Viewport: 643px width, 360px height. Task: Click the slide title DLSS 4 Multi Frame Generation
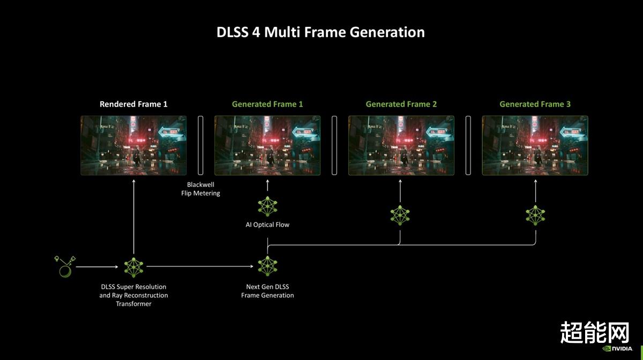[320, 32]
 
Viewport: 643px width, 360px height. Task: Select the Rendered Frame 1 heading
[133, 104]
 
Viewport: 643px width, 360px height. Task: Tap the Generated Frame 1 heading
[267, 104]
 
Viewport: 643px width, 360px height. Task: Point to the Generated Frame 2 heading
[401, 104]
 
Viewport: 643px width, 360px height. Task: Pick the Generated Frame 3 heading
[535, 104]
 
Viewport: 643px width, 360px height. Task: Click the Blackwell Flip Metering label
[200, 189]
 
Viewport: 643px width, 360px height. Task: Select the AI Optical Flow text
[267, 224]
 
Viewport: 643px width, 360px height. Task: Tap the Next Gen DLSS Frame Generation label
[267, 291]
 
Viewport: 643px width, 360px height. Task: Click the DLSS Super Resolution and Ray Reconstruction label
[133, 295]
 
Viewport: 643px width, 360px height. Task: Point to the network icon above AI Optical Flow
[267, 206]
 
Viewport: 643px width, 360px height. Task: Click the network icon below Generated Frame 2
[400, 215]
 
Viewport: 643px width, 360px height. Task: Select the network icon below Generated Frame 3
[535, 215]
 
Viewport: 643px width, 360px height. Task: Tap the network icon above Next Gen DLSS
[267, 266]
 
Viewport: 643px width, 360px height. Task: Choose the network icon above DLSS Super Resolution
[134, 267]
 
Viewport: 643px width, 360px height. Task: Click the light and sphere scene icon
[65, 267]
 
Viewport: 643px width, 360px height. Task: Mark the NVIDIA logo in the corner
[617, 349]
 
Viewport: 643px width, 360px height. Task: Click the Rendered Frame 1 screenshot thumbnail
[133, 145]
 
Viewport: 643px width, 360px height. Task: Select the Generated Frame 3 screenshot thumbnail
[535, 145]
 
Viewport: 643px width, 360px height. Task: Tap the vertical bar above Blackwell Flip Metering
[200, 145]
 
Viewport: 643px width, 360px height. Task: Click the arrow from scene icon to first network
[97, 267]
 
